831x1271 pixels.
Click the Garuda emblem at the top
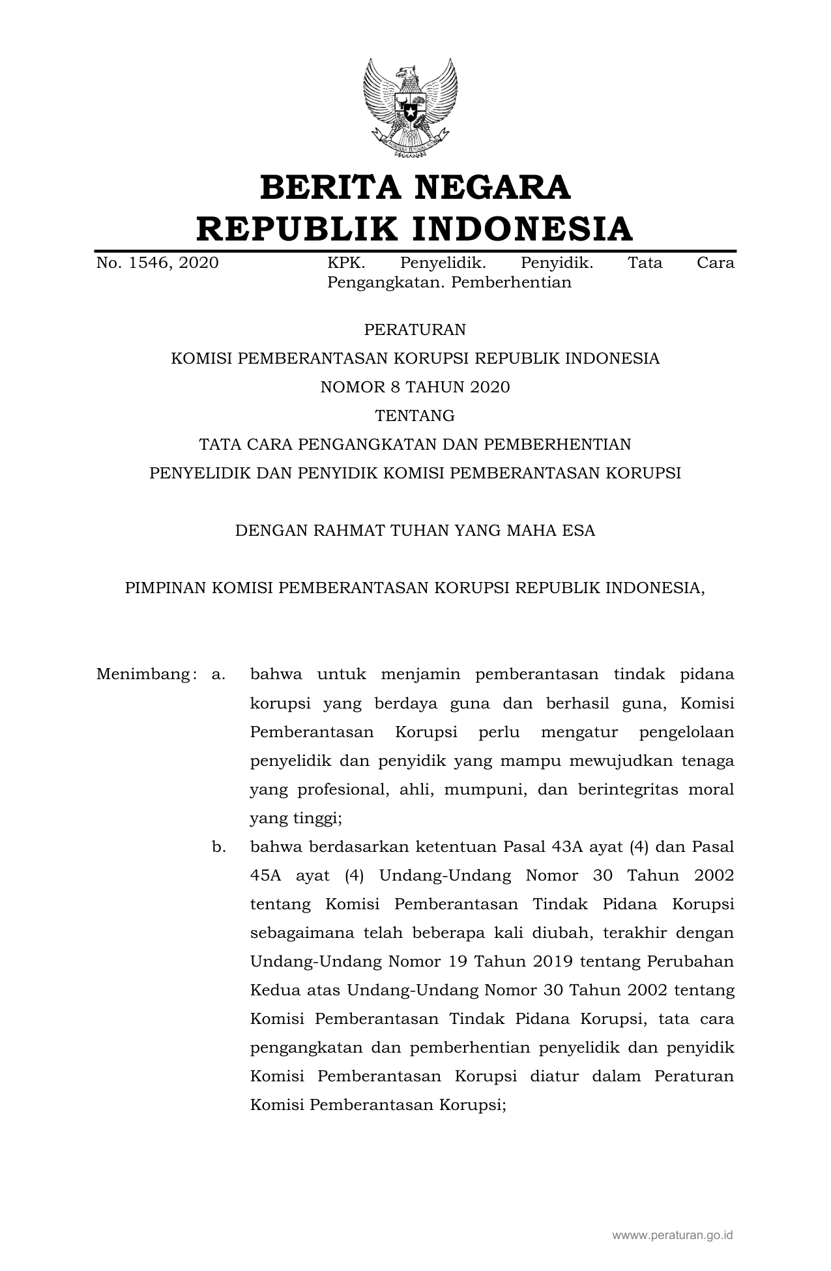point(410,107)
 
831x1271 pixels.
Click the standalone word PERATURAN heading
point(415,330)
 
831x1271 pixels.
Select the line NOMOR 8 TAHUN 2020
point(415,387)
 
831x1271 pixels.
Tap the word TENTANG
point(415,416)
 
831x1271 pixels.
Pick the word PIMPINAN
point(166,588)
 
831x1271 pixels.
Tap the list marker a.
point(218,675)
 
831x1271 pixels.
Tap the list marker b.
point(218,847)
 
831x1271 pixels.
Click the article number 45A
point(265,876)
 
